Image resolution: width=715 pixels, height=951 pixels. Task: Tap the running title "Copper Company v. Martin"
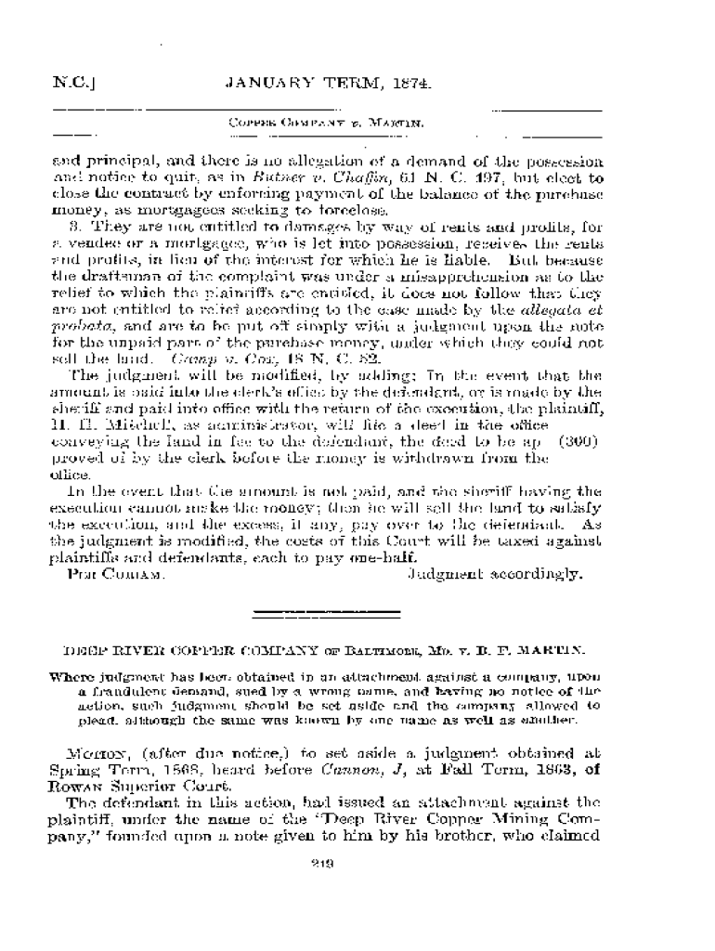pos(327,123)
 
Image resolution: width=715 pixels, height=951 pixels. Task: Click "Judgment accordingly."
pos(496,574)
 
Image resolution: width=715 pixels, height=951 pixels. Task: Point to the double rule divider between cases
pos(326,613)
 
